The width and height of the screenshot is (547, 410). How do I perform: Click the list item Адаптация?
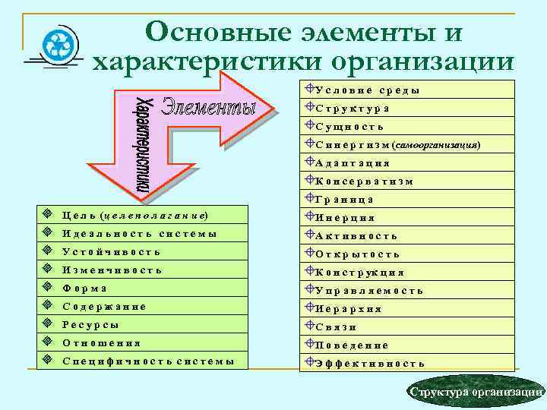point(353,163)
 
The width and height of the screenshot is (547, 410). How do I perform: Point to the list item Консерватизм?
point(364,181)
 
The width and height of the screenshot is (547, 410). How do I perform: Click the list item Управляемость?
point(368,291)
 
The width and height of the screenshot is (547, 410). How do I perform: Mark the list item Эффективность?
point(369,364)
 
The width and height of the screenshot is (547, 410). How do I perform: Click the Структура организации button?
point(475,392)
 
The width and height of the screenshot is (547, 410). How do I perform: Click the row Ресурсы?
point(90,324)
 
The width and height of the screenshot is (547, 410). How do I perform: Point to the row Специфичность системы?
point(148,361)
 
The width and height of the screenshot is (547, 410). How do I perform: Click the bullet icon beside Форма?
point(47,288)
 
